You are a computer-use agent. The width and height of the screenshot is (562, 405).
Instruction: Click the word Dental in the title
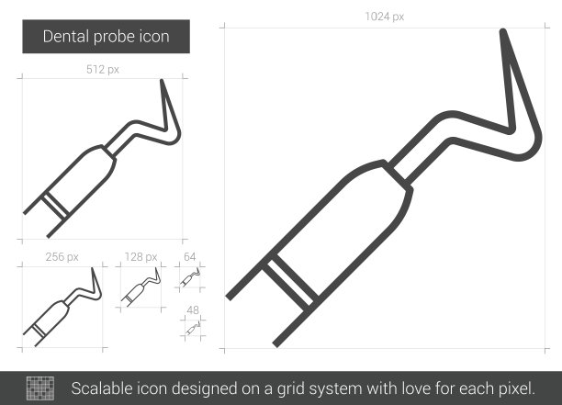point(66,37)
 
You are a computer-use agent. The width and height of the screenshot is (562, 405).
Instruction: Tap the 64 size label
point(189,256)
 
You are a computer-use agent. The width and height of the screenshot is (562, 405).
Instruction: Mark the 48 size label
point(193,310)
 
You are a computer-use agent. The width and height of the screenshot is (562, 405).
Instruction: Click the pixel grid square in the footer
point(40,388)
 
